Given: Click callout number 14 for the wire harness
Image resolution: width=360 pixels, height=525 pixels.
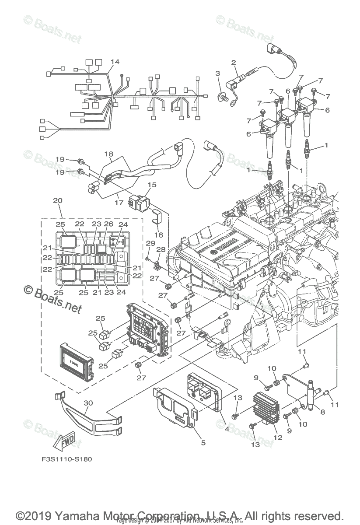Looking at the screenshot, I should click(x=115, y=62).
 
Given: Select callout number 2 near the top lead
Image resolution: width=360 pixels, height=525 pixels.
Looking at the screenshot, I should click(x=234, y=63).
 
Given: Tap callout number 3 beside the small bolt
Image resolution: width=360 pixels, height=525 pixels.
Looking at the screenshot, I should click(x=217, y=73).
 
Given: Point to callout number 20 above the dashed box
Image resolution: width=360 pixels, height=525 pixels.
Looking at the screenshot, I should click(x=58, y=201).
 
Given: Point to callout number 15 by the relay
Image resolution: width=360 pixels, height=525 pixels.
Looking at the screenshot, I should click(x=152, y=185).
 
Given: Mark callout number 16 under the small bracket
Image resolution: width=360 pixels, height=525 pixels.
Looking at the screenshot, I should click(x=159, y=235).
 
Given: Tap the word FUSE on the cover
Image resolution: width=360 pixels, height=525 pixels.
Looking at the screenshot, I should click(x=73, y=363).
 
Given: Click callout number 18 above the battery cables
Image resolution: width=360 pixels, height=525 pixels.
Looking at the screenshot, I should click(x=108, y=154).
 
